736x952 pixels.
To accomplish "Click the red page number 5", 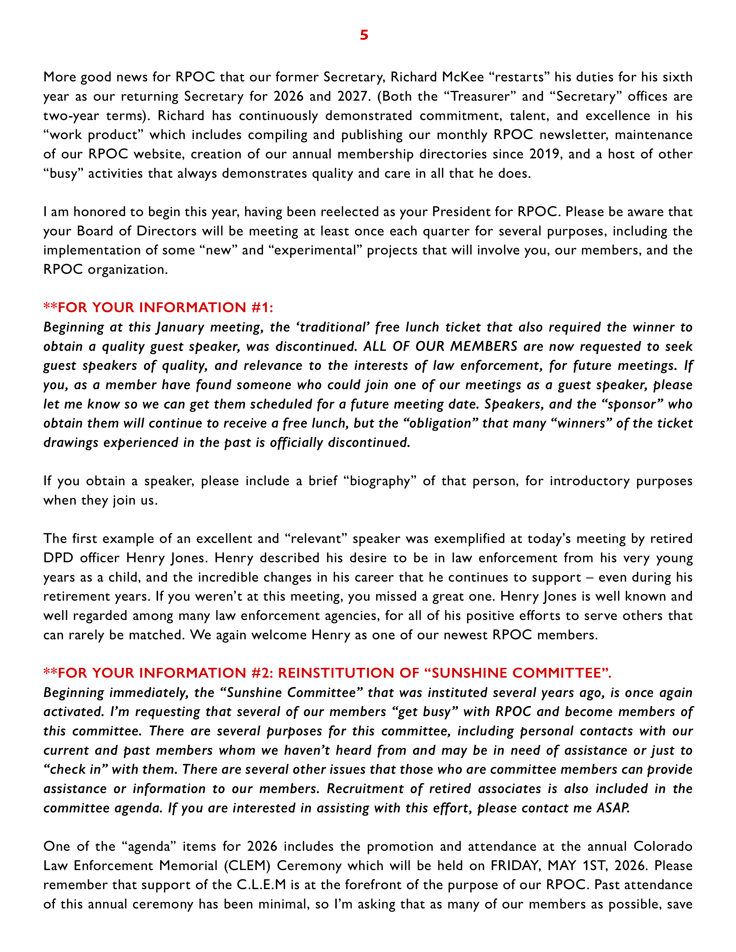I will tap(364, 35).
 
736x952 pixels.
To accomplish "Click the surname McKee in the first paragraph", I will tap(463, 77).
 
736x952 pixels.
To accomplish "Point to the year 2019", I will tap(545, 154).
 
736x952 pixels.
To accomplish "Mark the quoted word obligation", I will tap(440, 423).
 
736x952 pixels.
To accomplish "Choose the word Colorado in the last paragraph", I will tap(663, 846).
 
